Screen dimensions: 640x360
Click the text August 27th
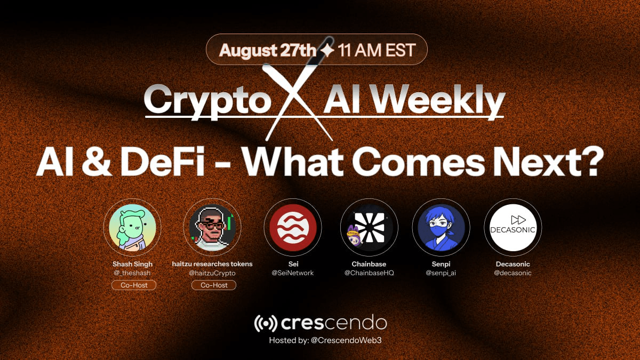pyautogui.click(x=268, y=50)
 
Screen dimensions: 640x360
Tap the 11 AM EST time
pyautogui.click(x=377, y=50)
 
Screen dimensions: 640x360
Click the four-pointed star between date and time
pyautogui.click(x=327, y=50)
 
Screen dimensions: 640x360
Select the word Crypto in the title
pyautogui.click(x=207, y=101)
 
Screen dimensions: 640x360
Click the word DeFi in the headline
pyautogui.click(x=163, y=161)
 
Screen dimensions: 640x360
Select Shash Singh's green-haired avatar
pyautogui.click(x=132, y=227)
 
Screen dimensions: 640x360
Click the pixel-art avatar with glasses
pyautogui.click(x=212, y=227)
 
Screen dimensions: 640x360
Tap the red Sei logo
pyautogui.click(x=293, y=227)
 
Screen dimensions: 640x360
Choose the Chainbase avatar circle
pyautogui.click(x=369, y=227)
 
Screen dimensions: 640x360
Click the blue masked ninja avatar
pyautogui.click(x=441, y=227)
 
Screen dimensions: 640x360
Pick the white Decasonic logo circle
pyautogui.click(x=513, y=227)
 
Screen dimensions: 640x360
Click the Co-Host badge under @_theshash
pyautogui.click(x=134, y=285)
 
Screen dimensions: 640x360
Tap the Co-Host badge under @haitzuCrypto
pyautogui.click(x=214, y=285)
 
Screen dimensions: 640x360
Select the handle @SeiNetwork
pyautogui.click(x=293, y=273)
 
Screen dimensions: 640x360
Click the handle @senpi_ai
pyautogui.click(x=441, y=273)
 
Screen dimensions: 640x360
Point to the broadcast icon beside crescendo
pyautogui.click(x=266, y=323)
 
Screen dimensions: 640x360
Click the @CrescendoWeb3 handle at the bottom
pyautogui.click(x=346, y=340)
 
